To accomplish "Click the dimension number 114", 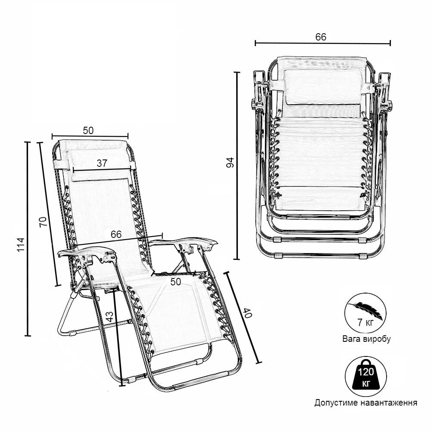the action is (x=21, y=244).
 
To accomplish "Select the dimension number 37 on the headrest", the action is (x=102, y=163).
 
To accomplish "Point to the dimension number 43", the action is (x=109, y=316).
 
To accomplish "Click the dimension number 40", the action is (x=247, y=313).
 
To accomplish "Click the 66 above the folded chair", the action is (x=321, y=37).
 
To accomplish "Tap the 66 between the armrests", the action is (x=116, y=234).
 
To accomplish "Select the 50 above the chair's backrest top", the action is (x=88, y=131).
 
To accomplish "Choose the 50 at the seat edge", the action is (x=176, y=282).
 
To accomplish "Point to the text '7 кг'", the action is (x=365, y=322).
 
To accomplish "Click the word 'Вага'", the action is (x=352, y=339).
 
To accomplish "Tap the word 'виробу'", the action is (x=377, y=339).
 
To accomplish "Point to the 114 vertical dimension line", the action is (x=28, y=239).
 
